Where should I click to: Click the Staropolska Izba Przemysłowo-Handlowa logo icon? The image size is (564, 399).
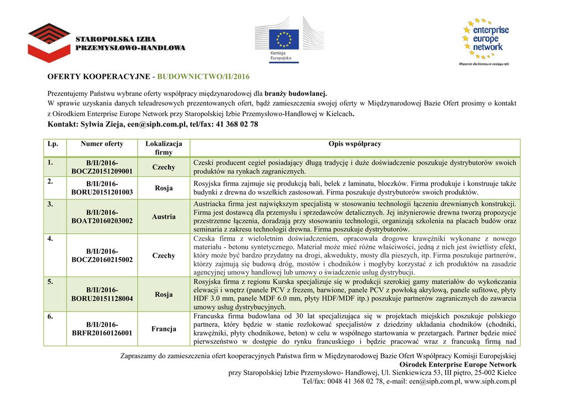(x=49, y=42)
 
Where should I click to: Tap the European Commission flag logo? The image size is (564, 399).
(x=284, y=40)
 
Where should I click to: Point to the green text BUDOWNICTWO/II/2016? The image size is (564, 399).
(x=204, y=76)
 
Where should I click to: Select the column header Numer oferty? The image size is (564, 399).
(x=102, y=144)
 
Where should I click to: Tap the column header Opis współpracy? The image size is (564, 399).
(x=355, y=144)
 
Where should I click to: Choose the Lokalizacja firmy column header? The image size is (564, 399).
(x=164, y=148)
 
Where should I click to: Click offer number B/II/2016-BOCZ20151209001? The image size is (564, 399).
(x=102, y=167)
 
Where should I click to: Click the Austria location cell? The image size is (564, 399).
(x=164, y=217)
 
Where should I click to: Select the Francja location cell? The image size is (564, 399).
(x=164, y=329)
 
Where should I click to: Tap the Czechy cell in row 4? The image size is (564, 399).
(x=164, y=256)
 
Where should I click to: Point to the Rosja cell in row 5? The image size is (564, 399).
(x=164, y=294)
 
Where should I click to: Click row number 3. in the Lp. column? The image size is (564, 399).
(x=51, y=205)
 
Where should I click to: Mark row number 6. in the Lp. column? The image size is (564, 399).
(x=51, y=317)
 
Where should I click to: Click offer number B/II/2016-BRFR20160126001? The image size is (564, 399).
(x=102, y=329)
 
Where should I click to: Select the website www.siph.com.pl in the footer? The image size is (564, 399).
(x=490, y=381)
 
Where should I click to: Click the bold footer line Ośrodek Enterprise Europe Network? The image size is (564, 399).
(x=458, y=365)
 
